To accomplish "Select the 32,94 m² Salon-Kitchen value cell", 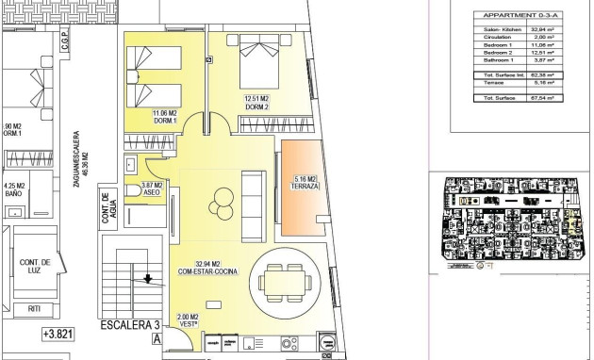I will coord(542,29).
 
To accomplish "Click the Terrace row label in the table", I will coord(494,82).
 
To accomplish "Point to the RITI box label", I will coord(35,307).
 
